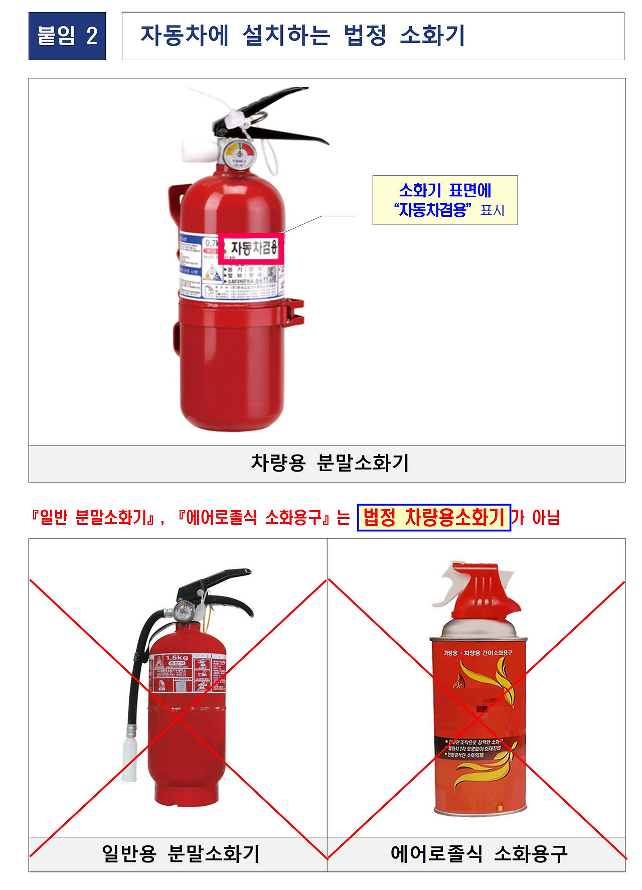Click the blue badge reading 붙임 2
[67, 36]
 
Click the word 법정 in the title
[365, 36]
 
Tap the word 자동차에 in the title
[184, 36]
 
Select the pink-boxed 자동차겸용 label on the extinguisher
[251, 248]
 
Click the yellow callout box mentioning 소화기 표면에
[445, 200]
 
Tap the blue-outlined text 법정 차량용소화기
[433, 517]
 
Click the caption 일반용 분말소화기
[180, 853]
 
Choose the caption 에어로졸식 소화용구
[478, 853]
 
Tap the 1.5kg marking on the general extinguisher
[177, 658]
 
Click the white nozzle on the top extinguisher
[196, 151]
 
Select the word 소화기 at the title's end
[432, 36]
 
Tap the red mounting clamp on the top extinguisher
[293, 311]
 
